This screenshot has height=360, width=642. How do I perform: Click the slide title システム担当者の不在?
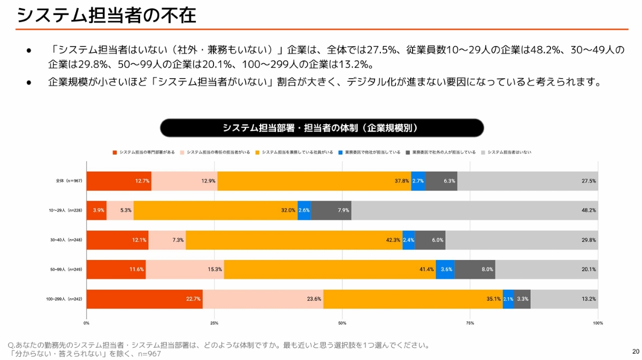click(x=106, y=15)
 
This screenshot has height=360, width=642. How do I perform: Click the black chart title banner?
click(x=322, y=128)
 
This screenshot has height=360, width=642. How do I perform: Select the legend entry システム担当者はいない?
click(x=509, y=152)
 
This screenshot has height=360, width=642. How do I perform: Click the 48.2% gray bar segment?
click(x=475, y=210)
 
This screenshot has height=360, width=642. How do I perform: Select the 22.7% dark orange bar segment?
click(x=144, y=299)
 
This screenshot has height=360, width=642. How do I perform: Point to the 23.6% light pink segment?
click(x=263, y=299)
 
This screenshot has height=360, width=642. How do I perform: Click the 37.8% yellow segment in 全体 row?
click(x=314, y=181)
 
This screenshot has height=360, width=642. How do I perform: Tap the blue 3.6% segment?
click(x=445, y=270)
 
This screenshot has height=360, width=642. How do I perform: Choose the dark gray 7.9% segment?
click(x=331, y=210)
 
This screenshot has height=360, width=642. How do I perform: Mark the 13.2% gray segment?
click(x=564, y=299)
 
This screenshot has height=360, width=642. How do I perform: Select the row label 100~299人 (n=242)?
click(x=63, y=299)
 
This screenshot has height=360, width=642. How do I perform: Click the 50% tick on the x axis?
click(x=342, y=323)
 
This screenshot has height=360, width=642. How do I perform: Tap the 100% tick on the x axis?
click(x=598, y=323)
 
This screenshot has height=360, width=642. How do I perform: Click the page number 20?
click(x=636, y=351)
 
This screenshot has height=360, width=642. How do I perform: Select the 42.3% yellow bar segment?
click(x=294, y=240)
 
